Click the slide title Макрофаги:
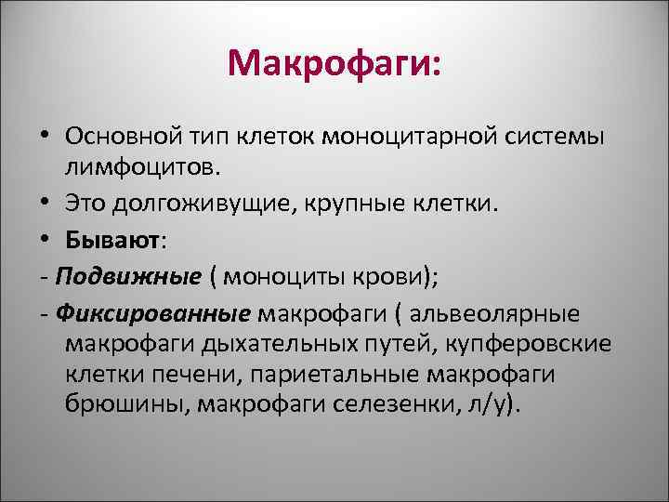[x=334, y=65]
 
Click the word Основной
[x=119, y=137]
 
